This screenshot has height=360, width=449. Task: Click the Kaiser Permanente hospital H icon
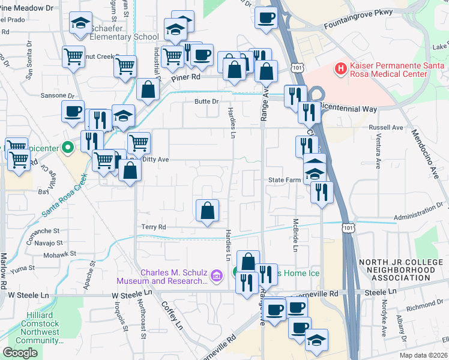pyautogui.click(x=341, y=68)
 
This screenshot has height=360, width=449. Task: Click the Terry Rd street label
pyautogui.click(x=153, y=227)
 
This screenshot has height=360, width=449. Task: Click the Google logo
pyautogui.click(x=20, y=353)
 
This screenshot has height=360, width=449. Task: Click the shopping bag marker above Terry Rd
pyautogui.click(x=207, y=211)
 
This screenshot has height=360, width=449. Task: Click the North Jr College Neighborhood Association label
pyautogui.click(x=396, y=270)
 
